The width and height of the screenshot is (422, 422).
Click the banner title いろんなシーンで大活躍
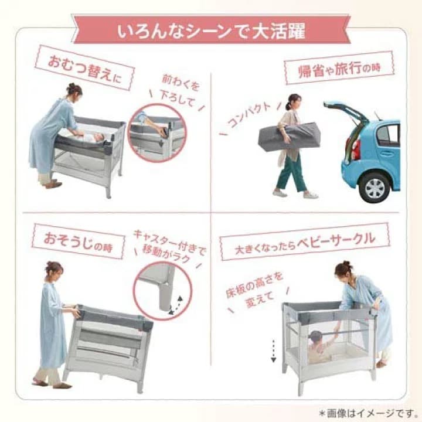coord(211,30)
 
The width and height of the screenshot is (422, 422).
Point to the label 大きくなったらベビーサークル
coord(305,240)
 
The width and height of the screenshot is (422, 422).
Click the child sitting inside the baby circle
coord(319,345)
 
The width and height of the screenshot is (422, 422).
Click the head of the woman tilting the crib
coord(54,270)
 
